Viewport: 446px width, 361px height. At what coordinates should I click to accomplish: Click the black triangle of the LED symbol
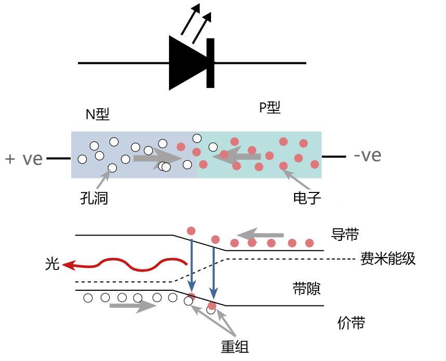tap(186, 63)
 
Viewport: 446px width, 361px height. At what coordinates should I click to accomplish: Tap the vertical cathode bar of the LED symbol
tap(210, 63)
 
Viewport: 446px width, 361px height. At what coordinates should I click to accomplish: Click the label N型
tap(98, 114)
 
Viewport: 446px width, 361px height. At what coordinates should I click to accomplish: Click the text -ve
tap(367, 156)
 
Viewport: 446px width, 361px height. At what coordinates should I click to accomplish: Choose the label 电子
tap(307, 198)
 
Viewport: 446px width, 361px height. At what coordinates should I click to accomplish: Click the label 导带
tap(345, 235)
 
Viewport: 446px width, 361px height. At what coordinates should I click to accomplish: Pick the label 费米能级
tap(388, 259)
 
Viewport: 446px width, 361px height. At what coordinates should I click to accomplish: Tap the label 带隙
tap(307, 289)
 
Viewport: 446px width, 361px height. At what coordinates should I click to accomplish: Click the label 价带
tap(351, 323)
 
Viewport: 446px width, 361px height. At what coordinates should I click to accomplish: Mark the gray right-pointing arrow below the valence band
tap(133, 306)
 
